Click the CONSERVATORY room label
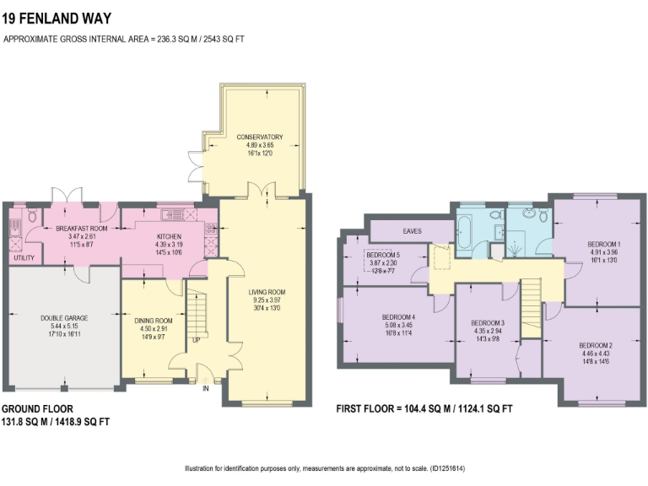pos(259,138)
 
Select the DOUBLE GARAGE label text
pos(64,318)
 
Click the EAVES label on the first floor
pos(413,229)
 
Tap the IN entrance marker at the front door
pos(205,388)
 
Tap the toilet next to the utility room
pos(31,217)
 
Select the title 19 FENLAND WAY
pos(57,17)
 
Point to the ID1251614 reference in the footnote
pos(447,469)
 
